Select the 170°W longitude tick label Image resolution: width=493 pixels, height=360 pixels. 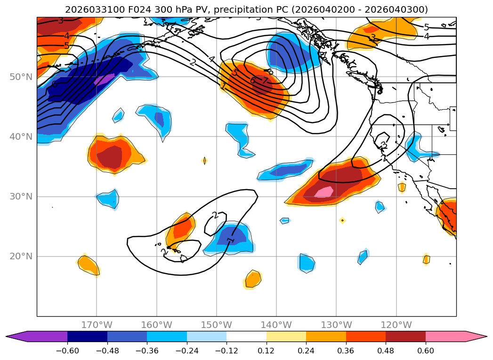[x=97, y=325]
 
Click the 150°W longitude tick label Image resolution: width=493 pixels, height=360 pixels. [x=216, y=325]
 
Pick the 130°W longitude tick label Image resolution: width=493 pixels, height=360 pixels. [x=336, y=325]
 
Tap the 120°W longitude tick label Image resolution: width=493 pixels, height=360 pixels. [x=396, y=325]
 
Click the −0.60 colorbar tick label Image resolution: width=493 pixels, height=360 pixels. [x=67, y=350]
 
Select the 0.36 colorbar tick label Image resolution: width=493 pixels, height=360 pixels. [x=346, y=350]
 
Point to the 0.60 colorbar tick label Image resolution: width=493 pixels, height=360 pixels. [x=426, y=350]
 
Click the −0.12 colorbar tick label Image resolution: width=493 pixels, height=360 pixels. [x=226, y=350]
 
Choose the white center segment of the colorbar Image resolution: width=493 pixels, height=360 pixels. [x=246, y=336]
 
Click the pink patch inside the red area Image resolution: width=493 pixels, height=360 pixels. [x=324, y=192]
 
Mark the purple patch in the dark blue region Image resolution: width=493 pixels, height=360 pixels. [x=105, y=79]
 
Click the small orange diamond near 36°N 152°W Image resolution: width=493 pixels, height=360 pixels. [x=204, y=161]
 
